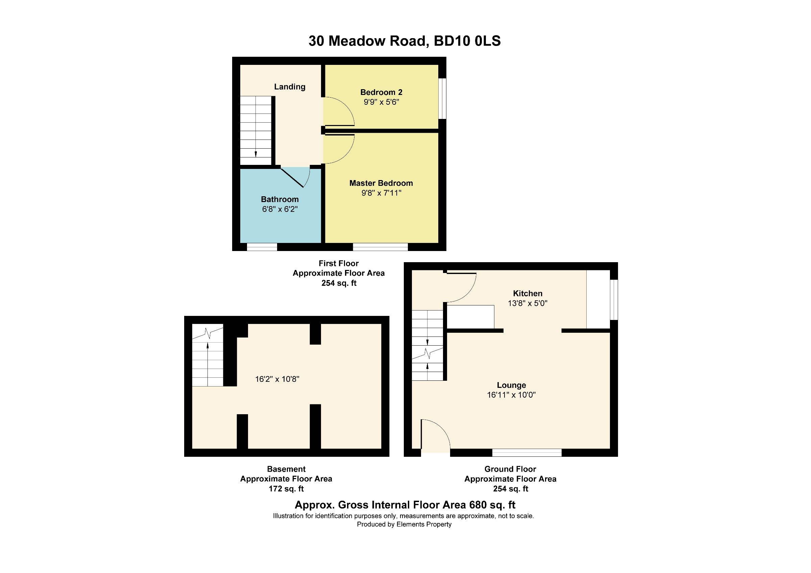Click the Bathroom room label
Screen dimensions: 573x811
280,199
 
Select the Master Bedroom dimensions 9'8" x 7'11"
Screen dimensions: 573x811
381,193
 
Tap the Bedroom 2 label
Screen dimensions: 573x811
381,92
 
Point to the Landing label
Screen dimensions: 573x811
290,86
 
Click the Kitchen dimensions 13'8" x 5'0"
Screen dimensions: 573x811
527,303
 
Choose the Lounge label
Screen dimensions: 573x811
511,385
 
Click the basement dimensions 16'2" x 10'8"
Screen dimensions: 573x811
277,379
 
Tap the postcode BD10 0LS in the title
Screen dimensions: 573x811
467,41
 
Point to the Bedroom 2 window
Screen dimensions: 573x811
442,98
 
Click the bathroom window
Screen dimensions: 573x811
262,247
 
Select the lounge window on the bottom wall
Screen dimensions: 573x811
527,453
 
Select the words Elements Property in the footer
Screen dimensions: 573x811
424,524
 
